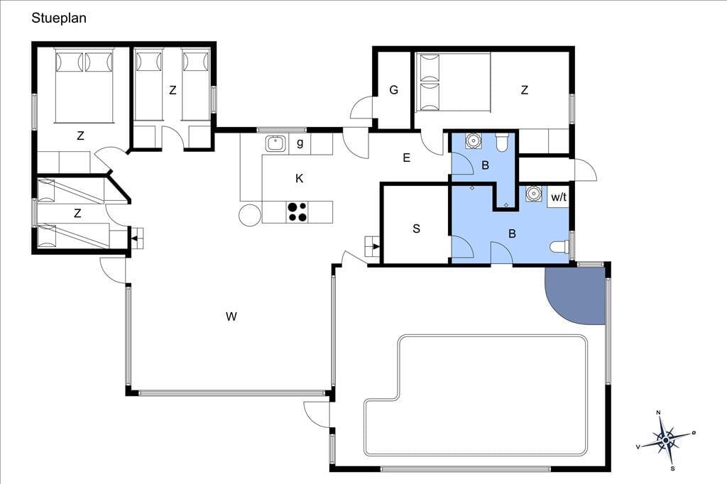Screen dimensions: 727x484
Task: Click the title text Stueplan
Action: click(x=59, y=18)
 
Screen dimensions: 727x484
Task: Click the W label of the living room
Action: click(x=231, y=317)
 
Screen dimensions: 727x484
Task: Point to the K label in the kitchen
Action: click(x=300, y=179)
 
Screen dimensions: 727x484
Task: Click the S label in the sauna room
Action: click(x=416, y=229)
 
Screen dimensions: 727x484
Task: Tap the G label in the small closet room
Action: click(x=393, y=90)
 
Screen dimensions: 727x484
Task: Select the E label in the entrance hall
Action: click(x=407, y=158)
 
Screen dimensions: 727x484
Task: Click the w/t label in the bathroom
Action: click(x=559, y=197)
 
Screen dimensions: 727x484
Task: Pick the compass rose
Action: click(x=665, y=439)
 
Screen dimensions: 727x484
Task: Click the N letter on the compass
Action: click(x=658, y=412)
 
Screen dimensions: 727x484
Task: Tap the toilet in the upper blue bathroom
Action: click(x=502, y=143)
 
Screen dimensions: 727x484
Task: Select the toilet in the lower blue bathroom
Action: click(x=559, y=247)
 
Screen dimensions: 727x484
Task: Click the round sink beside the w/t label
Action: click(x=534, y=193)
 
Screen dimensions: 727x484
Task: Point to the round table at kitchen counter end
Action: click(x=251, y=214)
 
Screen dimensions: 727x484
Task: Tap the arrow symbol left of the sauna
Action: click(x=373, y=246)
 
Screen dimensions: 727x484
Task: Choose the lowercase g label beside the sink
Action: click(x=300, y=143)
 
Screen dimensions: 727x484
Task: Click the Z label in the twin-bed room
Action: click(x=173, y=90)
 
